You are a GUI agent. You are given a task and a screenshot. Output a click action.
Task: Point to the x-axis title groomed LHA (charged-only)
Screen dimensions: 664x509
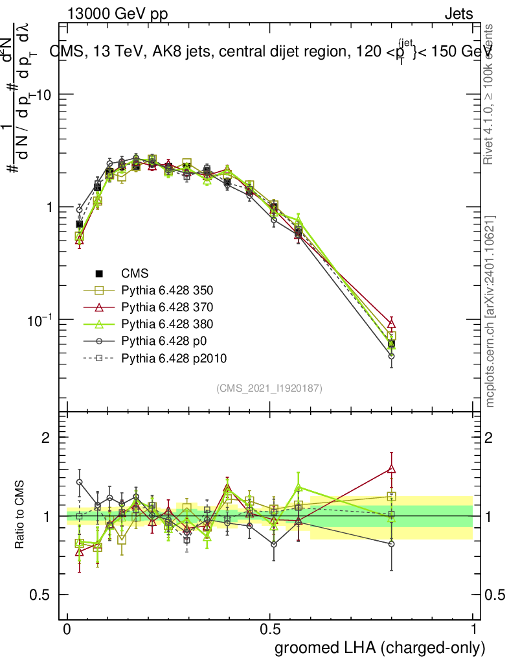click(x=380, y=648)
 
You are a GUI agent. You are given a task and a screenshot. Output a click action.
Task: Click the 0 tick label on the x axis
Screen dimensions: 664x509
click(x=67, y=630)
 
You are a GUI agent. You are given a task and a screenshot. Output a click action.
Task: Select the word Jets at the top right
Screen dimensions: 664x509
click(x=458, y=13)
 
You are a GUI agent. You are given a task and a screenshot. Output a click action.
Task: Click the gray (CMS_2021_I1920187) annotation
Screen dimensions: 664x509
click(x=269, y=388)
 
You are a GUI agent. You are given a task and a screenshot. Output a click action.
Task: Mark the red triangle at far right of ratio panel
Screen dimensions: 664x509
click(x=391, y=469)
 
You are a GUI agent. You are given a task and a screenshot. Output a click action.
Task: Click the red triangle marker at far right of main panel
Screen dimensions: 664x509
click(x=391, y=324)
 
